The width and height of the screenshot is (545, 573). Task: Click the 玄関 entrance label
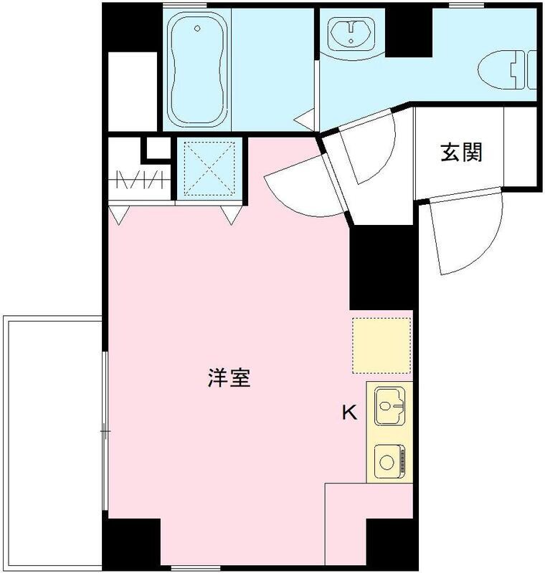coord(461,153)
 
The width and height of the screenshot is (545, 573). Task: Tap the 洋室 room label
coord(229,377)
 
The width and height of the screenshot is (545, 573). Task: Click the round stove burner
coord(387,461)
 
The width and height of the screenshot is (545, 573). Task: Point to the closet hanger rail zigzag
coord(141,178)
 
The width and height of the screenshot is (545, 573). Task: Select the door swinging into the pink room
coord(301,188)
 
